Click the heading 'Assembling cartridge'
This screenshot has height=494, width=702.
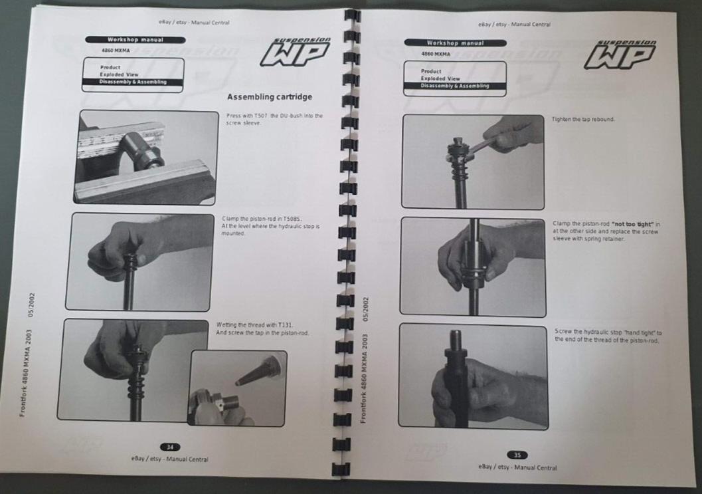click(269, 97)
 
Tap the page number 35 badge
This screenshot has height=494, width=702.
click(517, 455)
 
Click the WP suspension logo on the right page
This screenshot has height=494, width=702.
click(620, 54)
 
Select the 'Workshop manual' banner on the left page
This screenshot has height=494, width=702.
click(131, 40)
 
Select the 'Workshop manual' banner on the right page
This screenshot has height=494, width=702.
click(455, 43)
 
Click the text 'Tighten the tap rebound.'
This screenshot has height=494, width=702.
click(583, 120)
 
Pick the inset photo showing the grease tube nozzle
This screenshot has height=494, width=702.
click(238, 388)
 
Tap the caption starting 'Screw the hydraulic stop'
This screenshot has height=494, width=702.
click(608, 336)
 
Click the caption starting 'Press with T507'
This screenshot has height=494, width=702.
click(274, 119)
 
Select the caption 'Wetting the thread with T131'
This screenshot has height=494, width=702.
click(262, 328)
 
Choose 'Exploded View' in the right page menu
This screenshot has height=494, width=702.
click(440, 78)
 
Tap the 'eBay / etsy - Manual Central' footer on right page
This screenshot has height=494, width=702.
click(517, 467)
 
